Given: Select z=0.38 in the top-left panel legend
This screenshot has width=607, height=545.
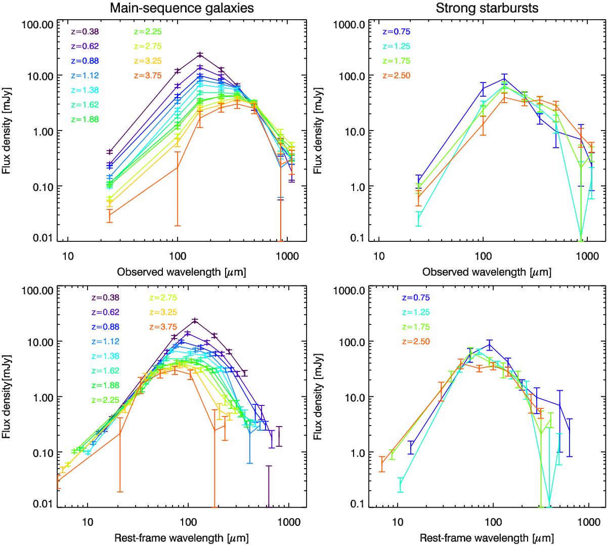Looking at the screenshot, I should click(84, 31).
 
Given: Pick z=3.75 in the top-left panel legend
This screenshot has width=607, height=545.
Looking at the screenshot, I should click(148, 75).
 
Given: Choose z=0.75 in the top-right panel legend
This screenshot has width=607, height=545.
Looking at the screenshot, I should click(396, 31).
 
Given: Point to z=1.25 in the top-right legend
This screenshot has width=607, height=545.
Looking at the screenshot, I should click(396, 46).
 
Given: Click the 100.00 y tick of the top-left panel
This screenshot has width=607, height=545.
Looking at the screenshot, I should click(38, 24).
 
